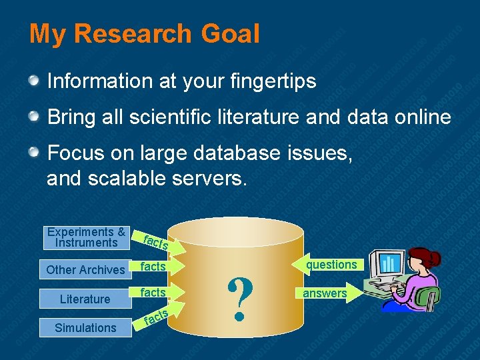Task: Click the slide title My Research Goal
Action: (144, 33)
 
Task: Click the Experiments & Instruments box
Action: (86, 237)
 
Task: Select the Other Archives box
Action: (85, 269)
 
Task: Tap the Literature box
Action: (85, 299)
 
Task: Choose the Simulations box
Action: (85, 327)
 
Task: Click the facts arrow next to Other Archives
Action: (154, 267)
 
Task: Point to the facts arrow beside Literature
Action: (154, 293)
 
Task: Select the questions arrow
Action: (329, 265)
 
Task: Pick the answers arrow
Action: (325, 293)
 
